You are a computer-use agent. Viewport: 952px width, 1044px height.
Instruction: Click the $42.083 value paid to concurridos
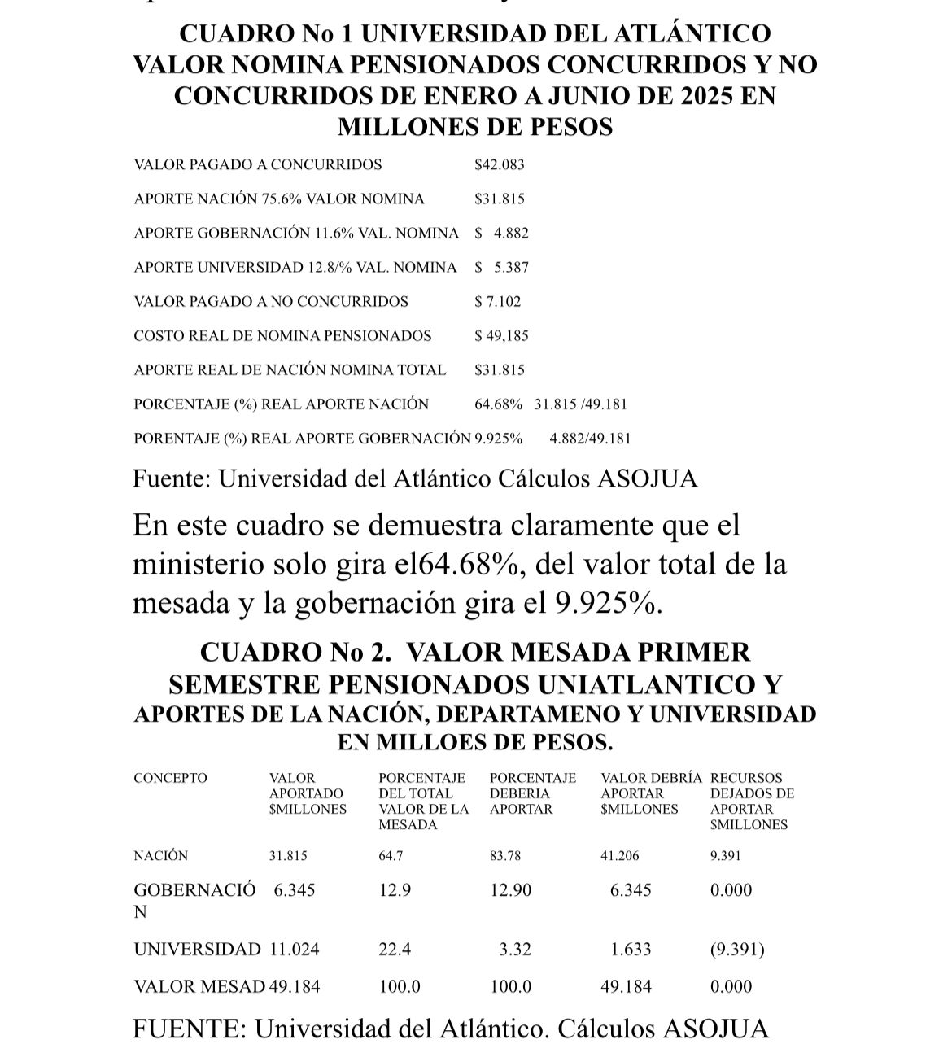tap(499, 164)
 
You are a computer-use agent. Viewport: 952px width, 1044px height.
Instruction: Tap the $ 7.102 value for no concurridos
tap(497, 301)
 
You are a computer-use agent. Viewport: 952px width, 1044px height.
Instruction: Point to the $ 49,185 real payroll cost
tap(501, 335)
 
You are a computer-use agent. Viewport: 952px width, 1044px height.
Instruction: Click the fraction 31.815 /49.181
tap(580, 404)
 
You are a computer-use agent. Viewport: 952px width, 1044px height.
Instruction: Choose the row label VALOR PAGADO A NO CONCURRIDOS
tap(271, 301)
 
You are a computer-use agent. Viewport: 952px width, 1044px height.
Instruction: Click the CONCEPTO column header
tap(170, 778)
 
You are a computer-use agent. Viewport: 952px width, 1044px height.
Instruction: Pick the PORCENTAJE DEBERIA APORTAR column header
tap(532, 793)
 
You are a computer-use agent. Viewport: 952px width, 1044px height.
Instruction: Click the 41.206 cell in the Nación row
tap(619, 856)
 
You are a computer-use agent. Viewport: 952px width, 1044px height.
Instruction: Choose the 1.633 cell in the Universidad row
tap(631, 949)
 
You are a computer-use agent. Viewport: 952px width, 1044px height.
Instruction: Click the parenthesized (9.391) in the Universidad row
tap(737, 949)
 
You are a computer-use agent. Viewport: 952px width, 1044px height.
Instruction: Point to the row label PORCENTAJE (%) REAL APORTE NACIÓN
tap(281, 404)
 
